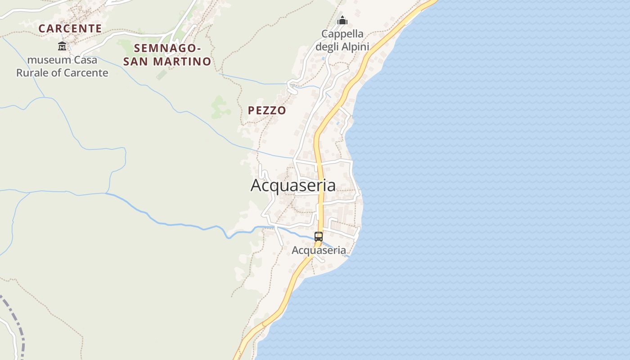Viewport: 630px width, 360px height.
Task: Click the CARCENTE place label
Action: [x=70, y=28]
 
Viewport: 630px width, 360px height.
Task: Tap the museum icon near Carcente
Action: [x=62, y=46]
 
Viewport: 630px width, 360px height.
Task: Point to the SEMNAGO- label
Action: [x=167, y=48]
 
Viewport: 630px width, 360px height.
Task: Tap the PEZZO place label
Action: [x=267, y=110]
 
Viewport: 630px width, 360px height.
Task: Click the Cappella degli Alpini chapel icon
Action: [x=342, y=21]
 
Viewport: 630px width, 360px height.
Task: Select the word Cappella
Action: [x=342, y=34]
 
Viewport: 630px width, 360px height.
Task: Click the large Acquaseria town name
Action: [x=293, y=185]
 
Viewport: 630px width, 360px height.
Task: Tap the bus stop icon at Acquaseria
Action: [x=319, y=236]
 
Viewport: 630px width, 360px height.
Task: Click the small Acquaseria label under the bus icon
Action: [x=319, y=250]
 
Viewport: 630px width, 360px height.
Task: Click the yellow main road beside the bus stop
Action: [x=320, y=216]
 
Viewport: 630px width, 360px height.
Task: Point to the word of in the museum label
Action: [x=57, y=72]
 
